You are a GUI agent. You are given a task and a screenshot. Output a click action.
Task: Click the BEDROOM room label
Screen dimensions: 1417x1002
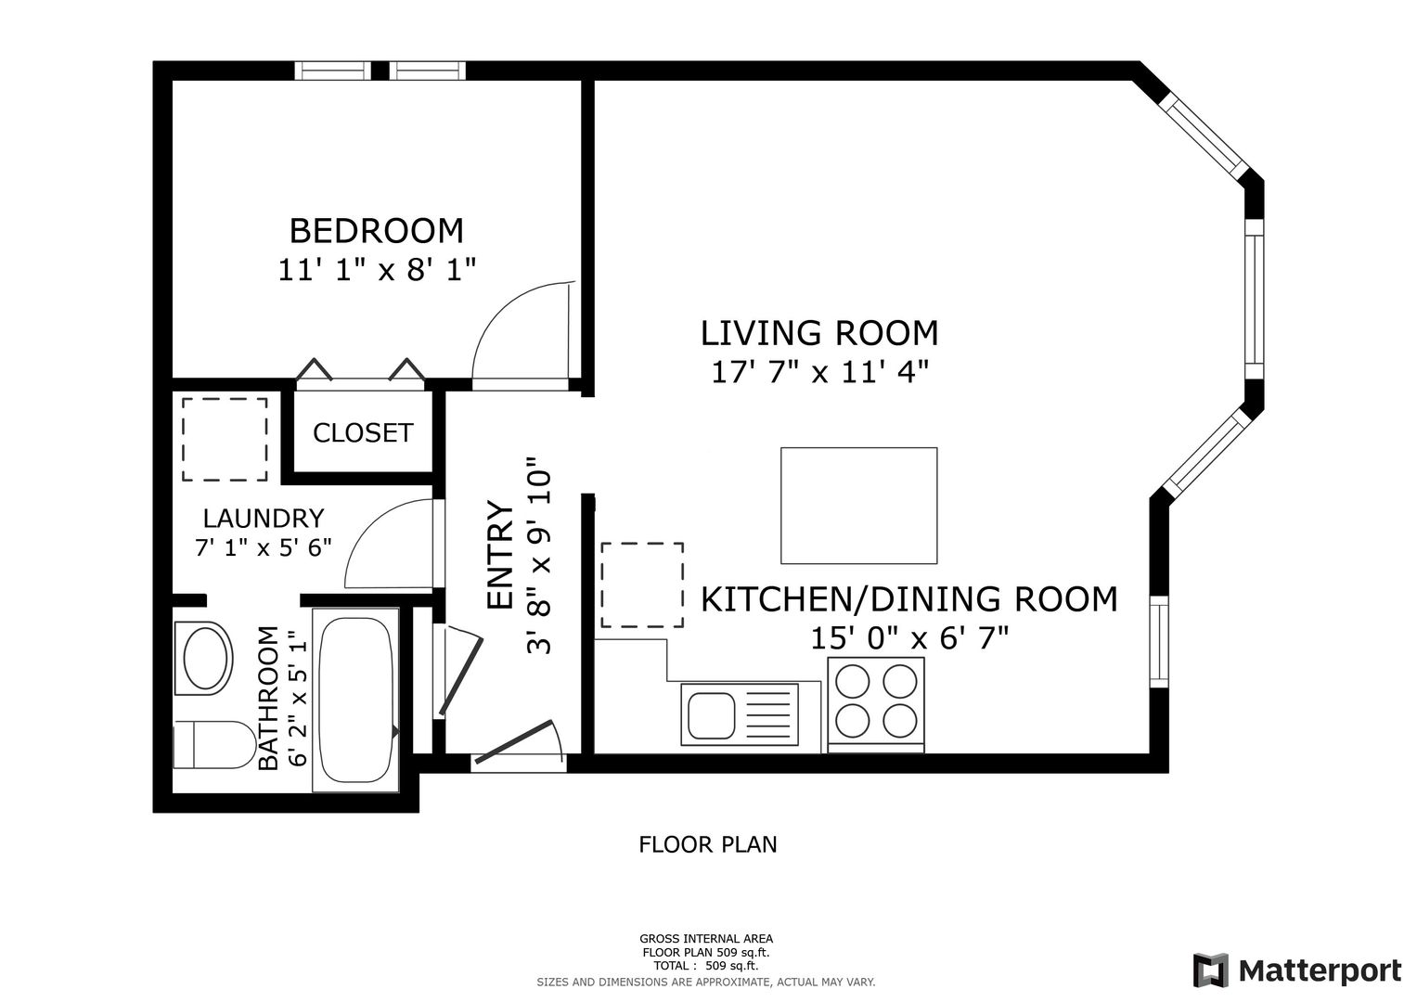[377, 231]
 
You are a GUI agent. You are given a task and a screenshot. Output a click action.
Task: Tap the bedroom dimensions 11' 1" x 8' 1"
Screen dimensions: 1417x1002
[377, 270]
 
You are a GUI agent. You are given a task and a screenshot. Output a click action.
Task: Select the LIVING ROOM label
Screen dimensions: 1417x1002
[819, 333]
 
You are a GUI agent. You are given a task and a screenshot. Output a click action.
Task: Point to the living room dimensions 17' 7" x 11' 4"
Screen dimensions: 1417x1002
[819, 372]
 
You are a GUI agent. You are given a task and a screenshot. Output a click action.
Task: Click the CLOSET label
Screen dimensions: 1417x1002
[363, 433]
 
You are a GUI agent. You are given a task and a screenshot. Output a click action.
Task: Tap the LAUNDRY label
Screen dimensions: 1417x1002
[264, 519]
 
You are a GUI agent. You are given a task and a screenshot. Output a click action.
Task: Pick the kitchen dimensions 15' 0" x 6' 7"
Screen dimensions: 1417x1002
[909, 638]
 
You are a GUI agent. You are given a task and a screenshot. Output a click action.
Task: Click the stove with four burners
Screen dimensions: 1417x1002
[876, 705]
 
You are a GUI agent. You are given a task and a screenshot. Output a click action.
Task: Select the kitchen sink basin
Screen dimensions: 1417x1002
[712, 716]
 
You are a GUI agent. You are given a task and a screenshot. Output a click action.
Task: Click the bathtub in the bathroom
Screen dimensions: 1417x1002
[355, 700]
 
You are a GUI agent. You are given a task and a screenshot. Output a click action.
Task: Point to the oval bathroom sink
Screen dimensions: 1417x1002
[205, 659]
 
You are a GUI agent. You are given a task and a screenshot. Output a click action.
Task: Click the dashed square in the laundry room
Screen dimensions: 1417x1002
[225, 440]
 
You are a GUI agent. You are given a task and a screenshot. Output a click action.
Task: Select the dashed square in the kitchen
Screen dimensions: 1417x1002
[642, 585]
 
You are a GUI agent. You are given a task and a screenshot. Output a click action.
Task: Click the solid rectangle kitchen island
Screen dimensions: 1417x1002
[859, 506]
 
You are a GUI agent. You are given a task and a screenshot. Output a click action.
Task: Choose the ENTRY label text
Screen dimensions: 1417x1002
[500, 556]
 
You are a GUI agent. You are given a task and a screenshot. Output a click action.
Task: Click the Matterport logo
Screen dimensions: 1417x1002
[1296, 970]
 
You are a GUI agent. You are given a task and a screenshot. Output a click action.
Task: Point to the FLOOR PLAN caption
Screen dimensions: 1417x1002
[708, 844]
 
